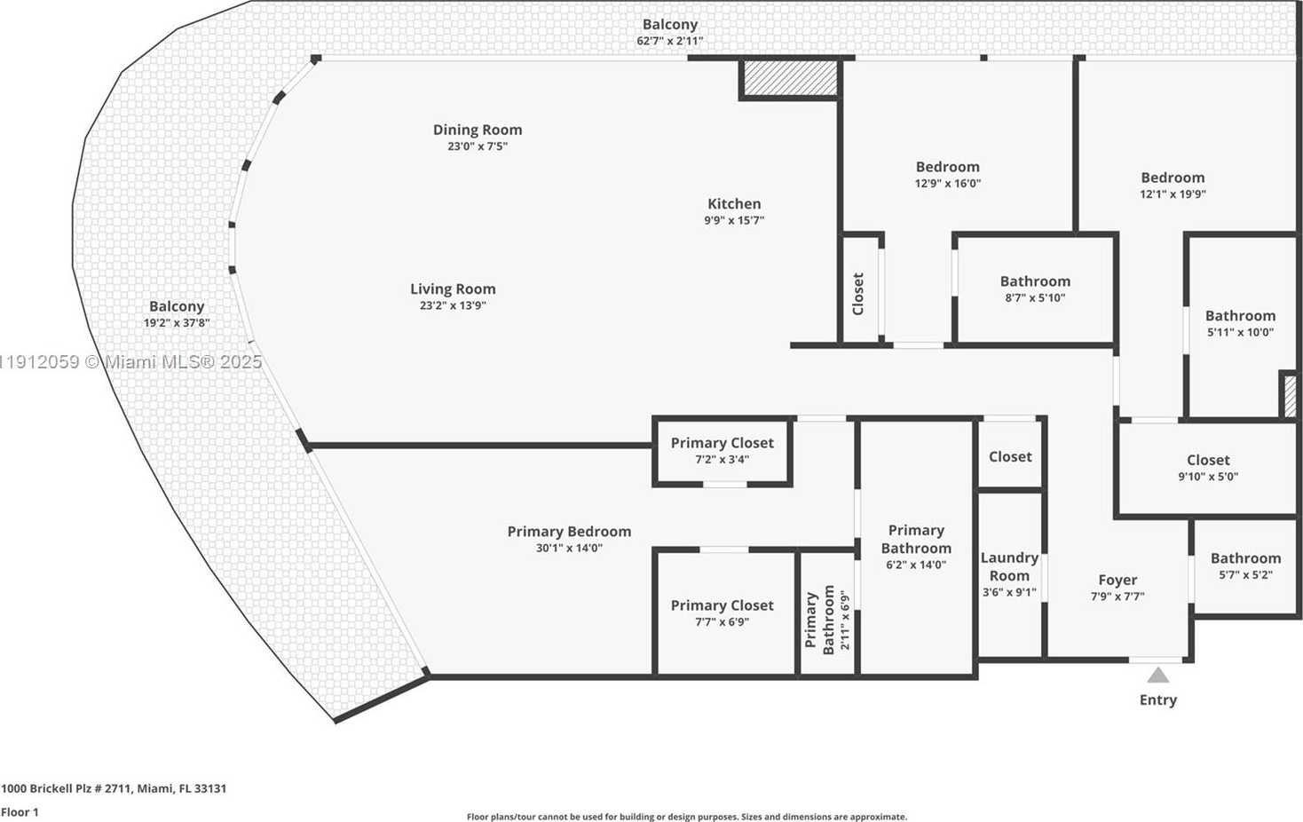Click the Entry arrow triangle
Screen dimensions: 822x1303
click(1158, 676)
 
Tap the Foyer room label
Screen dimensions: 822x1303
click(1117, 580)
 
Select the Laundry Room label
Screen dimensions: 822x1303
click(1009, 566)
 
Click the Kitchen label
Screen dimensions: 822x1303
click(733, 203)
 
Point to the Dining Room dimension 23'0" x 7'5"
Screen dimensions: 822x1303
click(478, 146)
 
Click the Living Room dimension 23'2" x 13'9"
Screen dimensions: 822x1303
click(453, 305)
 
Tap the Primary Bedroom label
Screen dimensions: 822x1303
click(569, 531)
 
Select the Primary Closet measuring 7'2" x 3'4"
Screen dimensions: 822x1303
click(722, 450)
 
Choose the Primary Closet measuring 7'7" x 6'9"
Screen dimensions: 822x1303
click(722, 613)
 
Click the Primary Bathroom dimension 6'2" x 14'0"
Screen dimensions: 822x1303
click(916, 565)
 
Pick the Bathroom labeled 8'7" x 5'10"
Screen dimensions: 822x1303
click(1035, 288)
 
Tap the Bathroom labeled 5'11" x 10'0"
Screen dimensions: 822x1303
click(1240, 323)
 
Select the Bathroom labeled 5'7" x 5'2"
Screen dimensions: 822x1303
click(1245, 565)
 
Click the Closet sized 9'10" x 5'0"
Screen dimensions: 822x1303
click(1208, 467)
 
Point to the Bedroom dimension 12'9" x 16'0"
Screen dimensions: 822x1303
click(948, 184)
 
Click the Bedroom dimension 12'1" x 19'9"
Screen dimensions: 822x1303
click(1173, 194)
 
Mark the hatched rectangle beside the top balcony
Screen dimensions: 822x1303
click(790, 77)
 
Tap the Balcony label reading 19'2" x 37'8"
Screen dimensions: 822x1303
click(177, 314)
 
